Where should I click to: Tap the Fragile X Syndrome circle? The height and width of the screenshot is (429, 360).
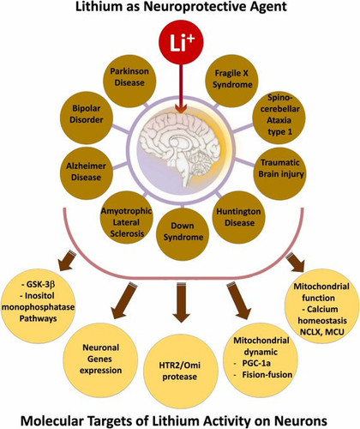(x=231, y=82)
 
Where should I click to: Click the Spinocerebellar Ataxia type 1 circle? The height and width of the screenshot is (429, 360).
(x=279, y=118)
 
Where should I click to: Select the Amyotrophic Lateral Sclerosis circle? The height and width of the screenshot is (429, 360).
(x=127, y=218)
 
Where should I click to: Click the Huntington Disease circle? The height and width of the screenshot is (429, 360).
(x=239, y=217)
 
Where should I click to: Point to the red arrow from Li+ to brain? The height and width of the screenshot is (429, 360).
(x=181, y=88)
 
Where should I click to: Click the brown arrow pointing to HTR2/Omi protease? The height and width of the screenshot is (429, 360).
(x=181, y=303)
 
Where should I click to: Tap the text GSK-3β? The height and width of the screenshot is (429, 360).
(x=39, y=285)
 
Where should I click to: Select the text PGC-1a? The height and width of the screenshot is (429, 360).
(x=256, y=363)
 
